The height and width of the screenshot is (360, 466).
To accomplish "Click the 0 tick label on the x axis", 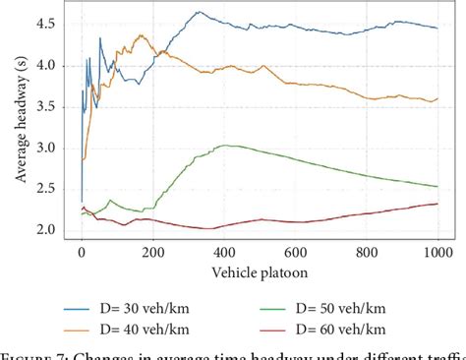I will (82, 252).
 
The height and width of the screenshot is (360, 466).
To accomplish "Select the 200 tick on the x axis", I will (152, 252).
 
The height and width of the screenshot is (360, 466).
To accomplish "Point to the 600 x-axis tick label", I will (295, 252).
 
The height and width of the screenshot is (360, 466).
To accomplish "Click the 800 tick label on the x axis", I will (367, 252).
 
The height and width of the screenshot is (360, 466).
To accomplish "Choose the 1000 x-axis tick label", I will (437, 252).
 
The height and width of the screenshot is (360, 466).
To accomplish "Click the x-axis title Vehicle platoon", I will (260, 270).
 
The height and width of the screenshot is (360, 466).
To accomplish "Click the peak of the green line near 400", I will (224, 146).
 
